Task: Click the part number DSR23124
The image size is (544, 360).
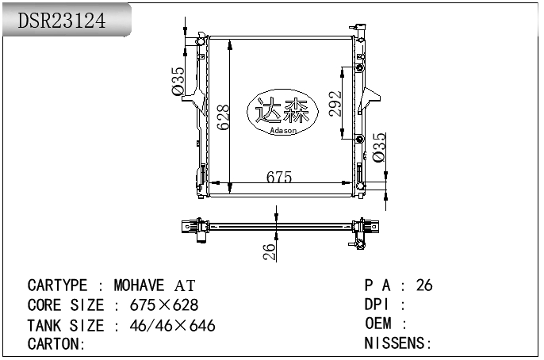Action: tap(61, 21)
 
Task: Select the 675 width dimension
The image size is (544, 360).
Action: tap(278, 178)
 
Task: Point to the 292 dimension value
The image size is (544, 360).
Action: tap(335, 103)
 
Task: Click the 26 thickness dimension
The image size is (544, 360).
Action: tap(270, 251)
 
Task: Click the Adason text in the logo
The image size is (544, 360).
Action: tap(283, 131)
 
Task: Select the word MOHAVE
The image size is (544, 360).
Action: tap(140, 285)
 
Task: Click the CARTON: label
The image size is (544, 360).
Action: tap(56, 344)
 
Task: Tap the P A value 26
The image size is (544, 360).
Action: tap(424, 285)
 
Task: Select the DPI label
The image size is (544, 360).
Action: tap(378, 305)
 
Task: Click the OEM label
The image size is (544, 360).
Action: tap(379, 324)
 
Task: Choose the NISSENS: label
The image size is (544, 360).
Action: tap(397, 344)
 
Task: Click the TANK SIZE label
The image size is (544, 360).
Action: tap(65, 325)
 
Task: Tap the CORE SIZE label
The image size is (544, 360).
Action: tap(65, 305)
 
